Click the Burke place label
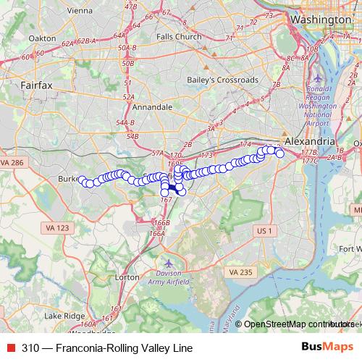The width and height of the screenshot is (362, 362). point(68,178)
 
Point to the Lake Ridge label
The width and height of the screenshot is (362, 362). point(64,316)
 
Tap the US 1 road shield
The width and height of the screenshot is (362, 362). point(264,230)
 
